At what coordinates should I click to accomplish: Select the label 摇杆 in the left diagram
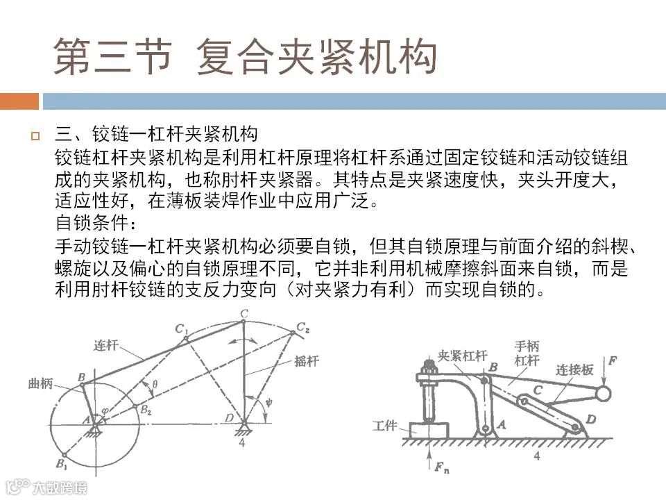[307, 362]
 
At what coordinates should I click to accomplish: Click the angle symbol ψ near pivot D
[268, 399]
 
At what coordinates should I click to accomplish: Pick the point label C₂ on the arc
[303, 326]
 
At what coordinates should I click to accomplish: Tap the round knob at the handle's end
[602, 394]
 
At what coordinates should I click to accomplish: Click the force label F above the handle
[610, 361]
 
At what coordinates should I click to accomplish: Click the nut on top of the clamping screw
[426, 364]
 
